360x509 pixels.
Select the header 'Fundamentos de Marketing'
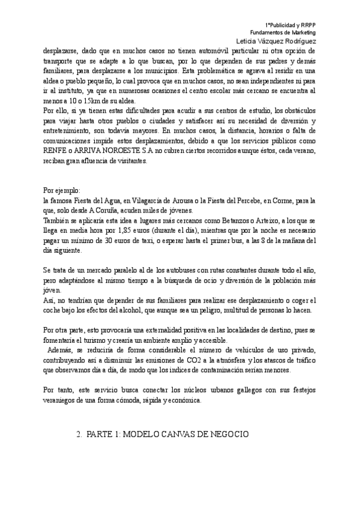(x=283, y=31)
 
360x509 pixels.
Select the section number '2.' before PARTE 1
(x=79, y=433)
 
